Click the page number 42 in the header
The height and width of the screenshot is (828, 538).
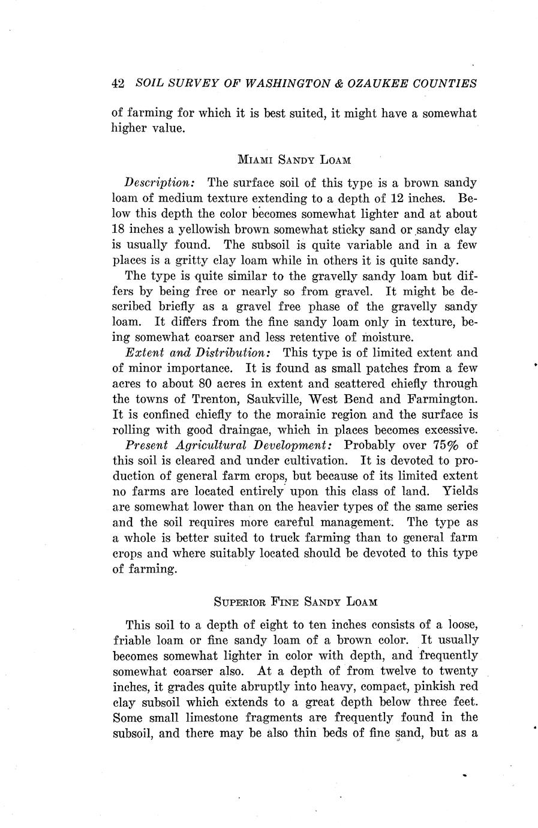(118, 84)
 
